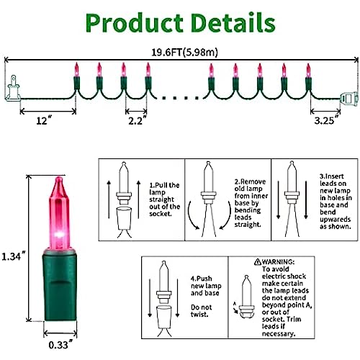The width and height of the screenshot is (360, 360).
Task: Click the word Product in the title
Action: coord(135,23)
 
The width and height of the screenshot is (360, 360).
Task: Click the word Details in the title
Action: coord(233,22)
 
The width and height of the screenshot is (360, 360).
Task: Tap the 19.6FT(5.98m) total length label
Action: coord(184,52)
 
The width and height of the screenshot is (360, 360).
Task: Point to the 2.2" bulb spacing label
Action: coord(137,120)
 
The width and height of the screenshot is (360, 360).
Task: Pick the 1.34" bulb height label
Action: coord(14,256)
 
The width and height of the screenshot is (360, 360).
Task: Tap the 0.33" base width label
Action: coord(60,345)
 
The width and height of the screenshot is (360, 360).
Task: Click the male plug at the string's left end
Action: coord(12,89)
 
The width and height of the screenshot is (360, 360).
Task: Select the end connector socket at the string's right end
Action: coord(349,98)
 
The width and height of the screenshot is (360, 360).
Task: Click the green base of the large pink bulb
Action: coord(60,285)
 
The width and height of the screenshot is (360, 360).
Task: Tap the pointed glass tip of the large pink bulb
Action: coord(59,178)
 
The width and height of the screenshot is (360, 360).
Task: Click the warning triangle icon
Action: coord(258,261)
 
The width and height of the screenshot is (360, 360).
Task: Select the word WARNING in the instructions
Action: coord(278,261)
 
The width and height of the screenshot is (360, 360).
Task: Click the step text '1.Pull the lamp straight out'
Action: coord(164,199)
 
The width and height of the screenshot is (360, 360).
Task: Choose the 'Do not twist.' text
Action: coord(202,311)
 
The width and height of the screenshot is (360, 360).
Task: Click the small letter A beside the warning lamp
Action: coord(235,304)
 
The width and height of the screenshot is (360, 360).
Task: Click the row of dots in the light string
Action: coord(181,98)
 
